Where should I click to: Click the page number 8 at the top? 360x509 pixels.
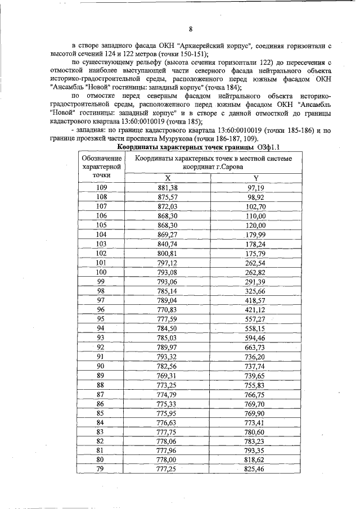(x=191, y=29)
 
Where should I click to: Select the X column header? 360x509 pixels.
(x=167, y=177)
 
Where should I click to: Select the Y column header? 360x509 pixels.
(x=255, y=177)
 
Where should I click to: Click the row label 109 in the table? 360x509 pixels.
(x=102, y=187)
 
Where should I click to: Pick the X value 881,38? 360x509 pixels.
(x=168, y=187)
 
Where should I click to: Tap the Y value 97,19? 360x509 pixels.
(x=255, y=187)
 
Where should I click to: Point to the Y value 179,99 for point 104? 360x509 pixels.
(x=255, y=235)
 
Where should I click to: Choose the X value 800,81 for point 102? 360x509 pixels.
(x=168, y=253)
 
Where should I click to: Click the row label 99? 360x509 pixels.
(x=102, y=281)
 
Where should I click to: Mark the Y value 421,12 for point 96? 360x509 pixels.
(x=255, y=309)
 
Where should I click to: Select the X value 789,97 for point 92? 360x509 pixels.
(x=168, y=347)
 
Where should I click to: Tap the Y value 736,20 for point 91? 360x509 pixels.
(x=255, y=357)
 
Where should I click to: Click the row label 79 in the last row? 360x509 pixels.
(x=102, y=469)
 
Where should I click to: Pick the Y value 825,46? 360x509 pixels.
(x=255, y=469)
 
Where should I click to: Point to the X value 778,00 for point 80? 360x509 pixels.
(x=168, y=460)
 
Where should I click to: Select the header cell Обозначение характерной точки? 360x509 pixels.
(x=102, y=167)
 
